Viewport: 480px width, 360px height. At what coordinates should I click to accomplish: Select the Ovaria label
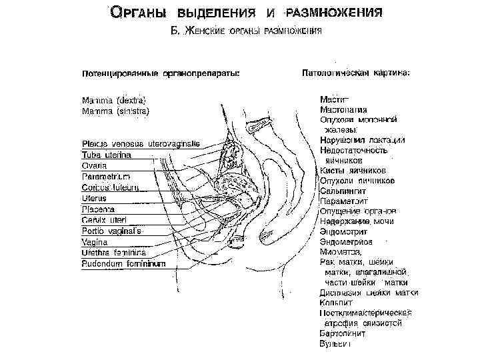(x=95, y=166)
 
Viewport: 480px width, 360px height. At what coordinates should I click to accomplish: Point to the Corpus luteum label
(x=110, y=187)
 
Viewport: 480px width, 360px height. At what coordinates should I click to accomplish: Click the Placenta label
(x=98, y=209)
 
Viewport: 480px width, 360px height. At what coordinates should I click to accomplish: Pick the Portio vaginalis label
(x=111, y=231)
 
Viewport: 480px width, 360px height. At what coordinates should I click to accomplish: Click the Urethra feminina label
(x=113, y=253)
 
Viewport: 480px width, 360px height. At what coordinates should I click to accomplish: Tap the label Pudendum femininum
(x=123, y=263)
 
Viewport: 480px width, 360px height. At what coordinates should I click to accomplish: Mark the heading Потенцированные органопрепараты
(x=161, y=72)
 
